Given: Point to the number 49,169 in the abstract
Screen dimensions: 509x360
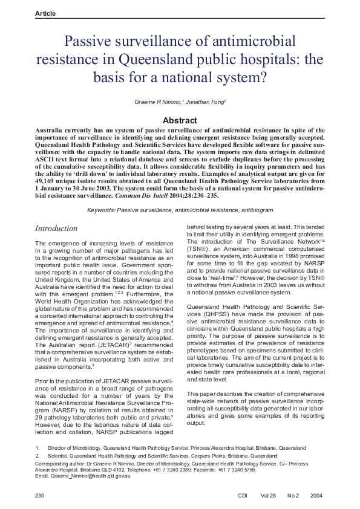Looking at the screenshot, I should point(50,180).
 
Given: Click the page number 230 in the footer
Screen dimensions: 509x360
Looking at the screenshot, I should point(41,496).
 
